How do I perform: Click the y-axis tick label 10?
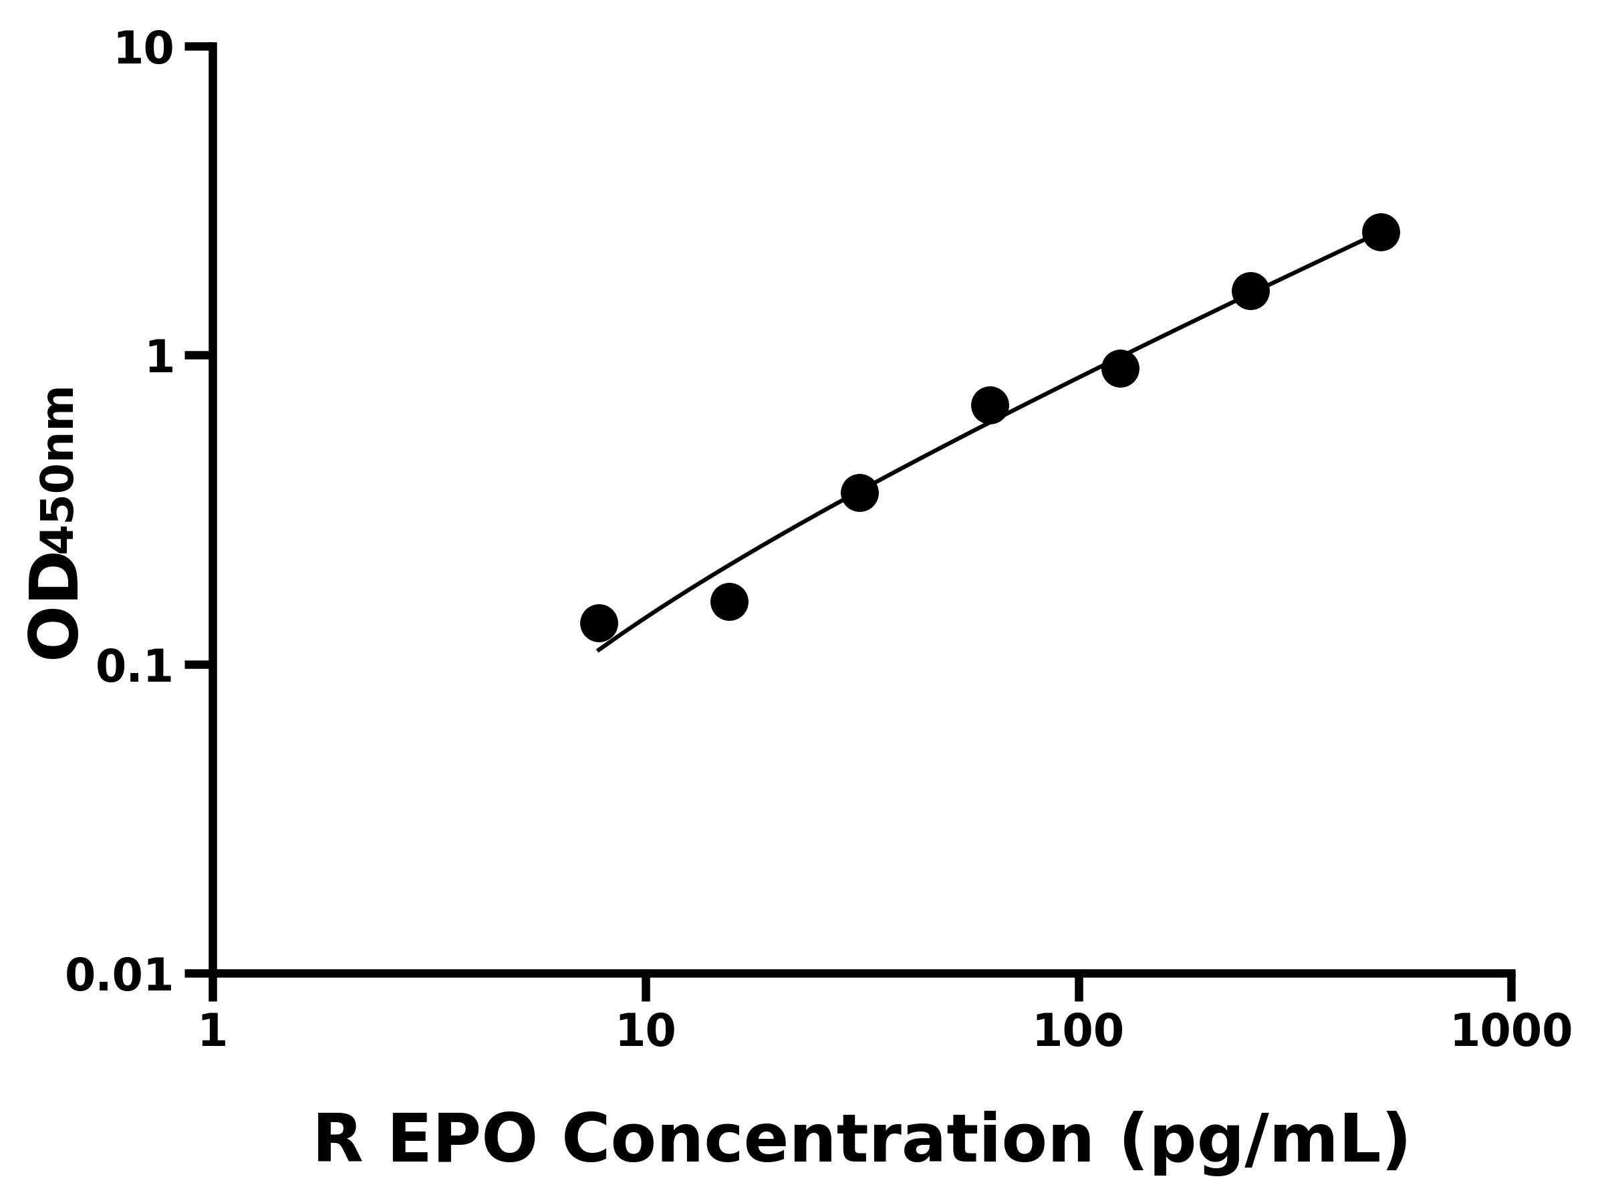point(144,51)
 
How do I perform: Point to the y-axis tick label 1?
point(160,358)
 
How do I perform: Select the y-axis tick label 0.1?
point(135,667)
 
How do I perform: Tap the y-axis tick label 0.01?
point(120,975)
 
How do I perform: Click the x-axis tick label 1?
point(213,1031)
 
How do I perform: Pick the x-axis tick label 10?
point(646,1031)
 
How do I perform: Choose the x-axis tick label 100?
point(1078,1031)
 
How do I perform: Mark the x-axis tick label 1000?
point(1510,1031)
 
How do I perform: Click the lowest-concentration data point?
point(599,623)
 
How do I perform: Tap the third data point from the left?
point(860,493)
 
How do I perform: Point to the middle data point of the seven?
point(990,404)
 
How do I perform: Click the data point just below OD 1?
point(1120,368)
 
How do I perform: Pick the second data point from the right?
point(1251,291)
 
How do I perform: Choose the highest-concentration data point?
point(1381,232)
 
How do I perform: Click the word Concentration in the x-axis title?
point(827,1142)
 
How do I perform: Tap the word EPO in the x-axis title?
point(462,1142)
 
